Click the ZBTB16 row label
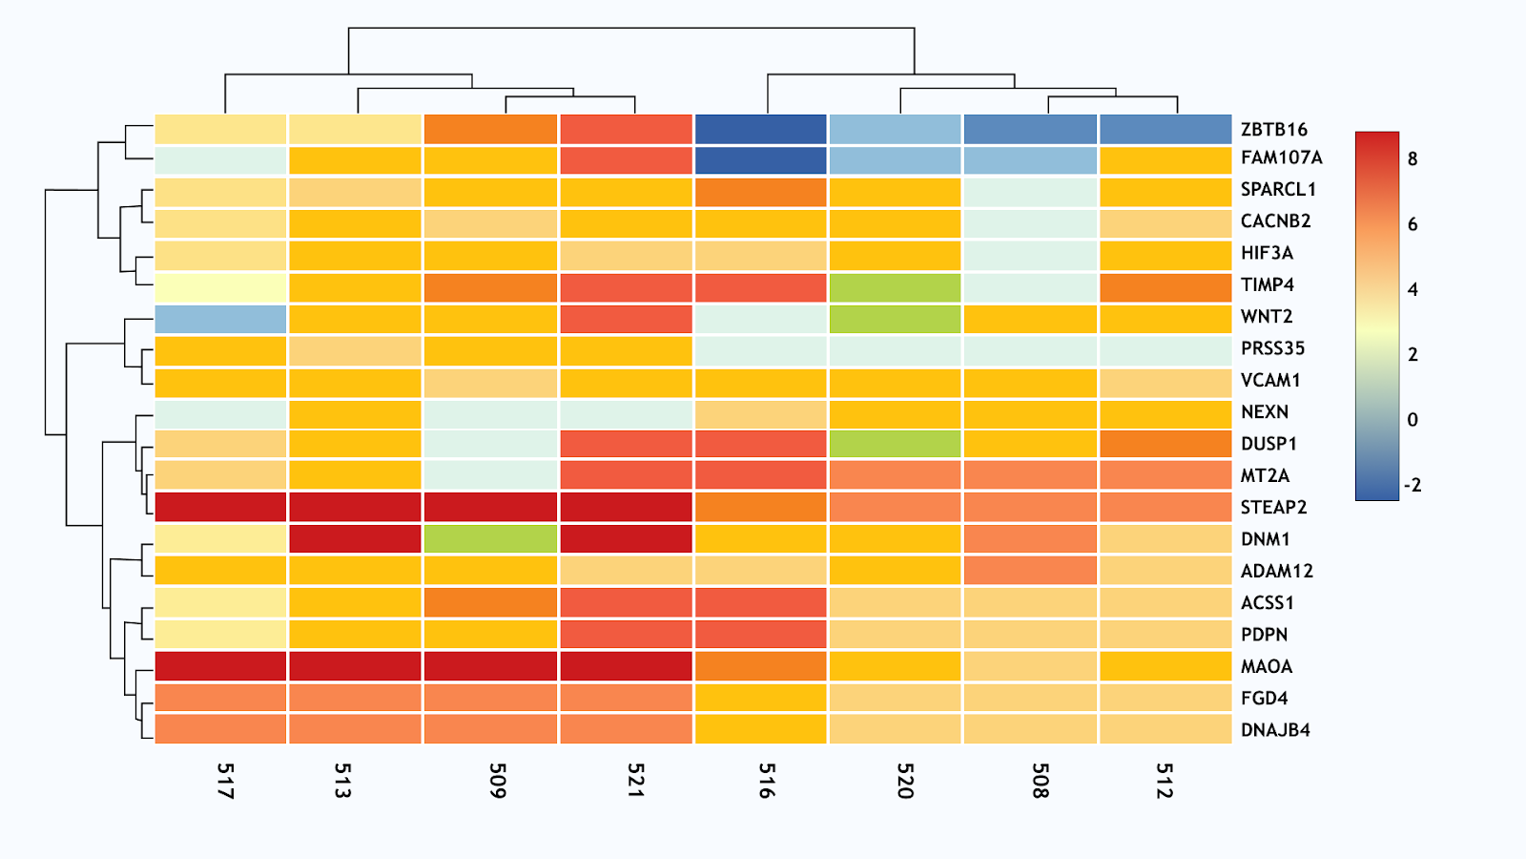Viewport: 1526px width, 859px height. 1273,130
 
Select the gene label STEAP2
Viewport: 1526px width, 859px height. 1273,507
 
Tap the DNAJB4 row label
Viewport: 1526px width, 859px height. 1275,730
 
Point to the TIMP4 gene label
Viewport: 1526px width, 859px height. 1268,284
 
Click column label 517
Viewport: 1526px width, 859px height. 225,780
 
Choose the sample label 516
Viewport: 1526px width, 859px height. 767,780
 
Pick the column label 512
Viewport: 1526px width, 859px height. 1164,780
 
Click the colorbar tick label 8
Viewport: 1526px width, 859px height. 1413,159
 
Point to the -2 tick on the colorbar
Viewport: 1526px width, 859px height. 1413,485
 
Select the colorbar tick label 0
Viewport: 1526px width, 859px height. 1413,420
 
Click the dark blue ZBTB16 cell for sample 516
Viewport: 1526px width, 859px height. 760,130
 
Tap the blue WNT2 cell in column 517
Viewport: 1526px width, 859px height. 220,320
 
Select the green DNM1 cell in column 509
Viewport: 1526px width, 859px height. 490,538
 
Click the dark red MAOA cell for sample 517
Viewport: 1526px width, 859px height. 220,665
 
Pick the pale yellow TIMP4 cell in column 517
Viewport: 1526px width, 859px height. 220,286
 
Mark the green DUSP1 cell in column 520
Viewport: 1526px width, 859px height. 895,444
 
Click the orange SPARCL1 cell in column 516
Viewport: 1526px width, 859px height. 760,193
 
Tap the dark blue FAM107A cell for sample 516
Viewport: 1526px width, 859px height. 760,160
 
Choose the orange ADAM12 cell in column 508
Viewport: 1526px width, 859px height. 1030,571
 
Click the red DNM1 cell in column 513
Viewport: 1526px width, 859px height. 355,538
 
